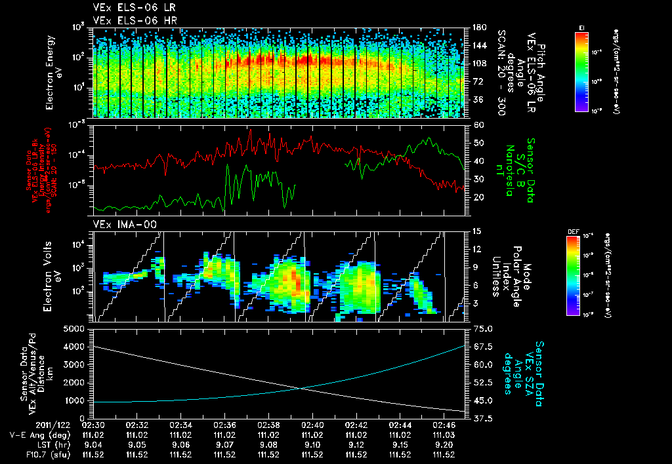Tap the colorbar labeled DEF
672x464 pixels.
click(x=576, y=275)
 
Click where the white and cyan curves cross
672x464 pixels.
click(x=301, y=388)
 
